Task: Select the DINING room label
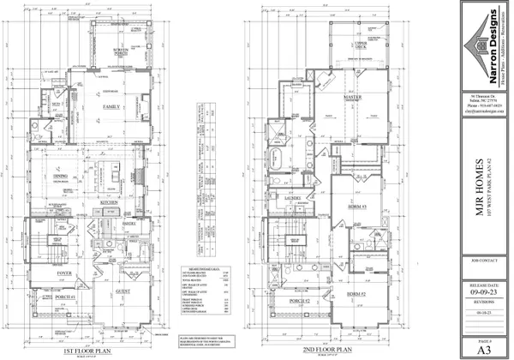pos(61,177)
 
